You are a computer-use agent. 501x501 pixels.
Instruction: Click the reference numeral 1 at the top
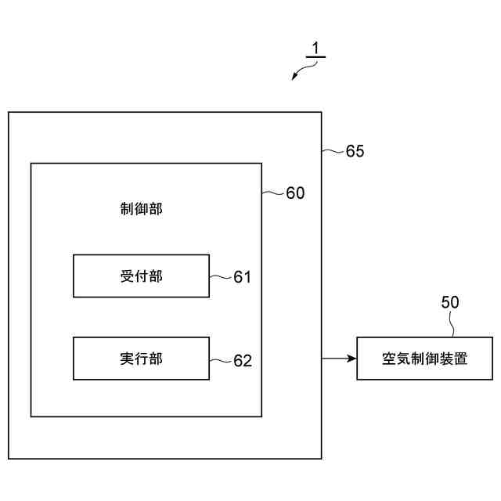point(315,49)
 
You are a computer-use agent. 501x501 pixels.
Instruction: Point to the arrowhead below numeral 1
point(295,76)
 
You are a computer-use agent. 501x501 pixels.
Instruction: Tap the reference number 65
point(355,151)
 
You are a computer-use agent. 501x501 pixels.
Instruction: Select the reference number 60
point(295,193)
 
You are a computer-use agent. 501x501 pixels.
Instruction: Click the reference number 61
point(242,277)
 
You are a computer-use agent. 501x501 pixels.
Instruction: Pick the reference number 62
point(242,360)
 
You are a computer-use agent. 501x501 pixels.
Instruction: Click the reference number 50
point(450,303)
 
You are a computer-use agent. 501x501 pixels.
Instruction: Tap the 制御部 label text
point(141,209)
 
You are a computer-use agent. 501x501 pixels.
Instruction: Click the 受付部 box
point(141,276)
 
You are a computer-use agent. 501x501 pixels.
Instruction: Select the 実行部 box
point(141,359)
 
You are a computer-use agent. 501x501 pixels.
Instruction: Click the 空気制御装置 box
point(424,359)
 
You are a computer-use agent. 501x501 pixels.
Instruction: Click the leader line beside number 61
point(221,276)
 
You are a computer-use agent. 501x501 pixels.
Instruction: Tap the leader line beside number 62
point(221,359)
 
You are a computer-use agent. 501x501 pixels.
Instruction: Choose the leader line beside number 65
point(333,150)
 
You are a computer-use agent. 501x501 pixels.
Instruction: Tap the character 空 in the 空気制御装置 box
point(389,359)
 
